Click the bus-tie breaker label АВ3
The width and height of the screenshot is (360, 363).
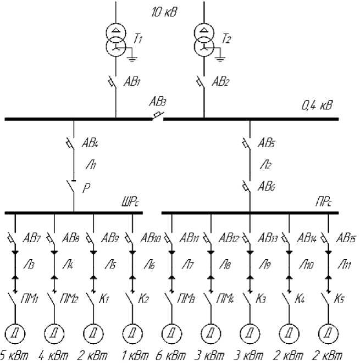pos(158,102)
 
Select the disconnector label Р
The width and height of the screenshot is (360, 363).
pos(86,188)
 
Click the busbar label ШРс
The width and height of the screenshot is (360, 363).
pos(131,204)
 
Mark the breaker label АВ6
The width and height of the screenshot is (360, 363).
pos(267,186)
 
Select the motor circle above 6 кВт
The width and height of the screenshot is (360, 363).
pos(171,332)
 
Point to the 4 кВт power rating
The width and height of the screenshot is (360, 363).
pos(54,356)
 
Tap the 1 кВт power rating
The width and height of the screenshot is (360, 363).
pos(132,356)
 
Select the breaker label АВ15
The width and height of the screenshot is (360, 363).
pos(346,239)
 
